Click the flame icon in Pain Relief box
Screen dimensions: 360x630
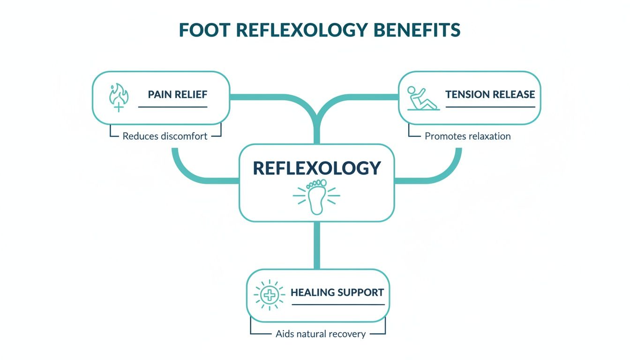[x=119, y=97]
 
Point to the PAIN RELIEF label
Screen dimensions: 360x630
[x=177, y=94]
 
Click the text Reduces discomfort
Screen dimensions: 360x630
[x=165, y=137]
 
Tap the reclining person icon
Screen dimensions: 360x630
[x=421, y=97]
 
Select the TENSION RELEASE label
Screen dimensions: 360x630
[x=490, y=94]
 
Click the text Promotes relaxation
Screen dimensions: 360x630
[x=467, y=136]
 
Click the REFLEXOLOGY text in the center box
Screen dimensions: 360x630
[x=316, y=168]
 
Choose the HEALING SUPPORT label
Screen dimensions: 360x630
[x=337, y=292]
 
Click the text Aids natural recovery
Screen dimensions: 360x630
[x=321, y=334]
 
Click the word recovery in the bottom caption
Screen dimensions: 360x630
[x=348, y=334]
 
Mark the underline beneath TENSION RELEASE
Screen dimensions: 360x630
[x=490, y=107]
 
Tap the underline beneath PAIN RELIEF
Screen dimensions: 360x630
[x=172, y=107]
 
